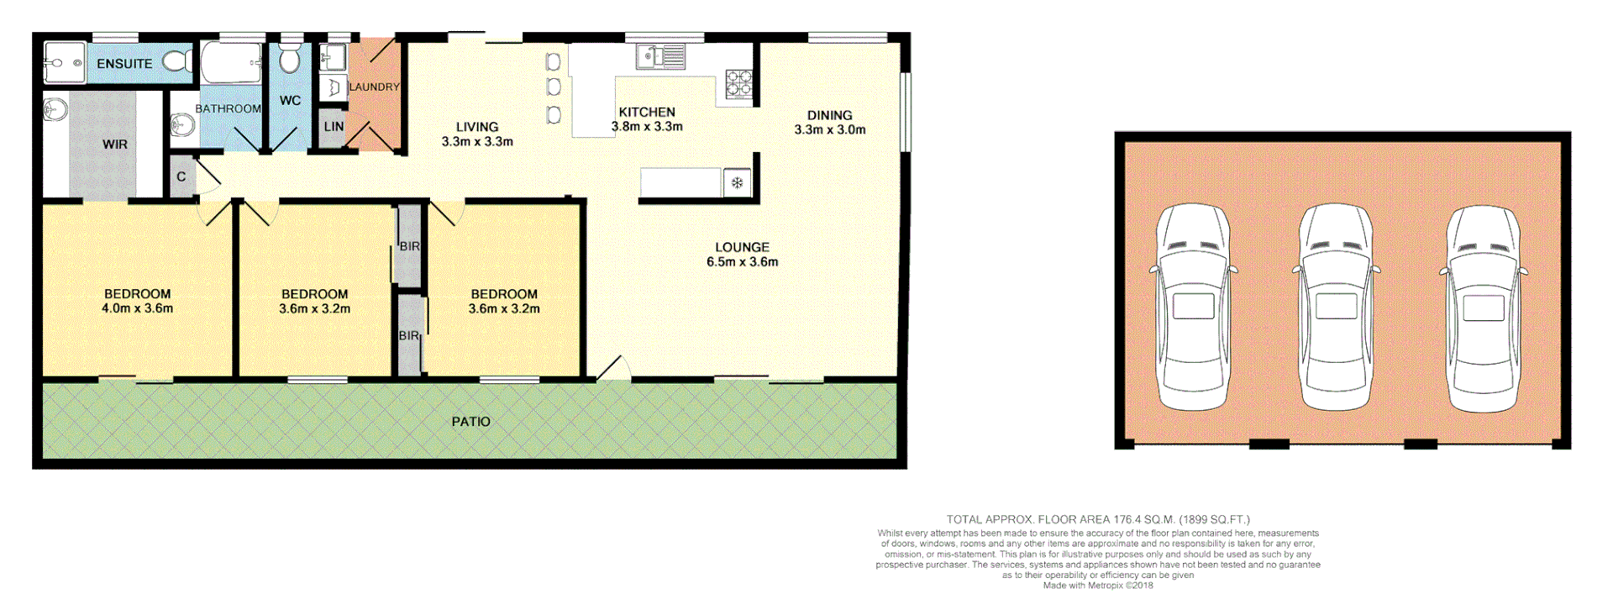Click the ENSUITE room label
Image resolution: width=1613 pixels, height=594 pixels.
click(x=124, y=64)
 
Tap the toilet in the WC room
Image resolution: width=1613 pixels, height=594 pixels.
click(x=290, y=60)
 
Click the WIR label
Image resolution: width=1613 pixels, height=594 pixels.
click(x=115, y=145)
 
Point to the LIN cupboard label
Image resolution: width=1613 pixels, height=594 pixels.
click(x=334, y=127)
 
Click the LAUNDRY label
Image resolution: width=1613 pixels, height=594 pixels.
click(x=374, y=87)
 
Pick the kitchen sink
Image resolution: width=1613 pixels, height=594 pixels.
click(x=661, y=57)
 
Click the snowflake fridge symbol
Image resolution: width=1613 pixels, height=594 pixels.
click(x=737, y=183)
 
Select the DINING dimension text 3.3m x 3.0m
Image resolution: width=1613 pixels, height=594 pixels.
click(x=830, y=130)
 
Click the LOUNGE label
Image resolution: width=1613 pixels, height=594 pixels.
click(x=742, y=247)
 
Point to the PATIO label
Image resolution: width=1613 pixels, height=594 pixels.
click(x=470, y=422)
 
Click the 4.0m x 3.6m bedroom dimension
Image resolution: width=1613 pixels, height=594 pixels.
click(x=138, y=308)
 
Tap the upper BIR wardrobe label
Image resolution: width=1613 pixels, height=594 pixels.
click(x=409, y=246)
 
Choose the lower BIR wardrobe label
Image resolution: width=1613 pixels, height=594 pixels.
click(x=409, y=336)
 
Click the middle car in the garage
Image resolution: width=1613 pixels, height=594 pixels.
click(x=1336, y=307)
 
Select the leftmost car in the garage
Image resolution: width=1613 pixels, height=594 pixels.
click(x=1193, y=307)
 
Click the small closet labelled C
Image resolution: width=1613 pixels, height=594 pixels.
click(x=181, y=177)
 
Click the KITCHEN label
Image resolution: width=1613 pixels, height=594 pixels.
click(x=647, y=112)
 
